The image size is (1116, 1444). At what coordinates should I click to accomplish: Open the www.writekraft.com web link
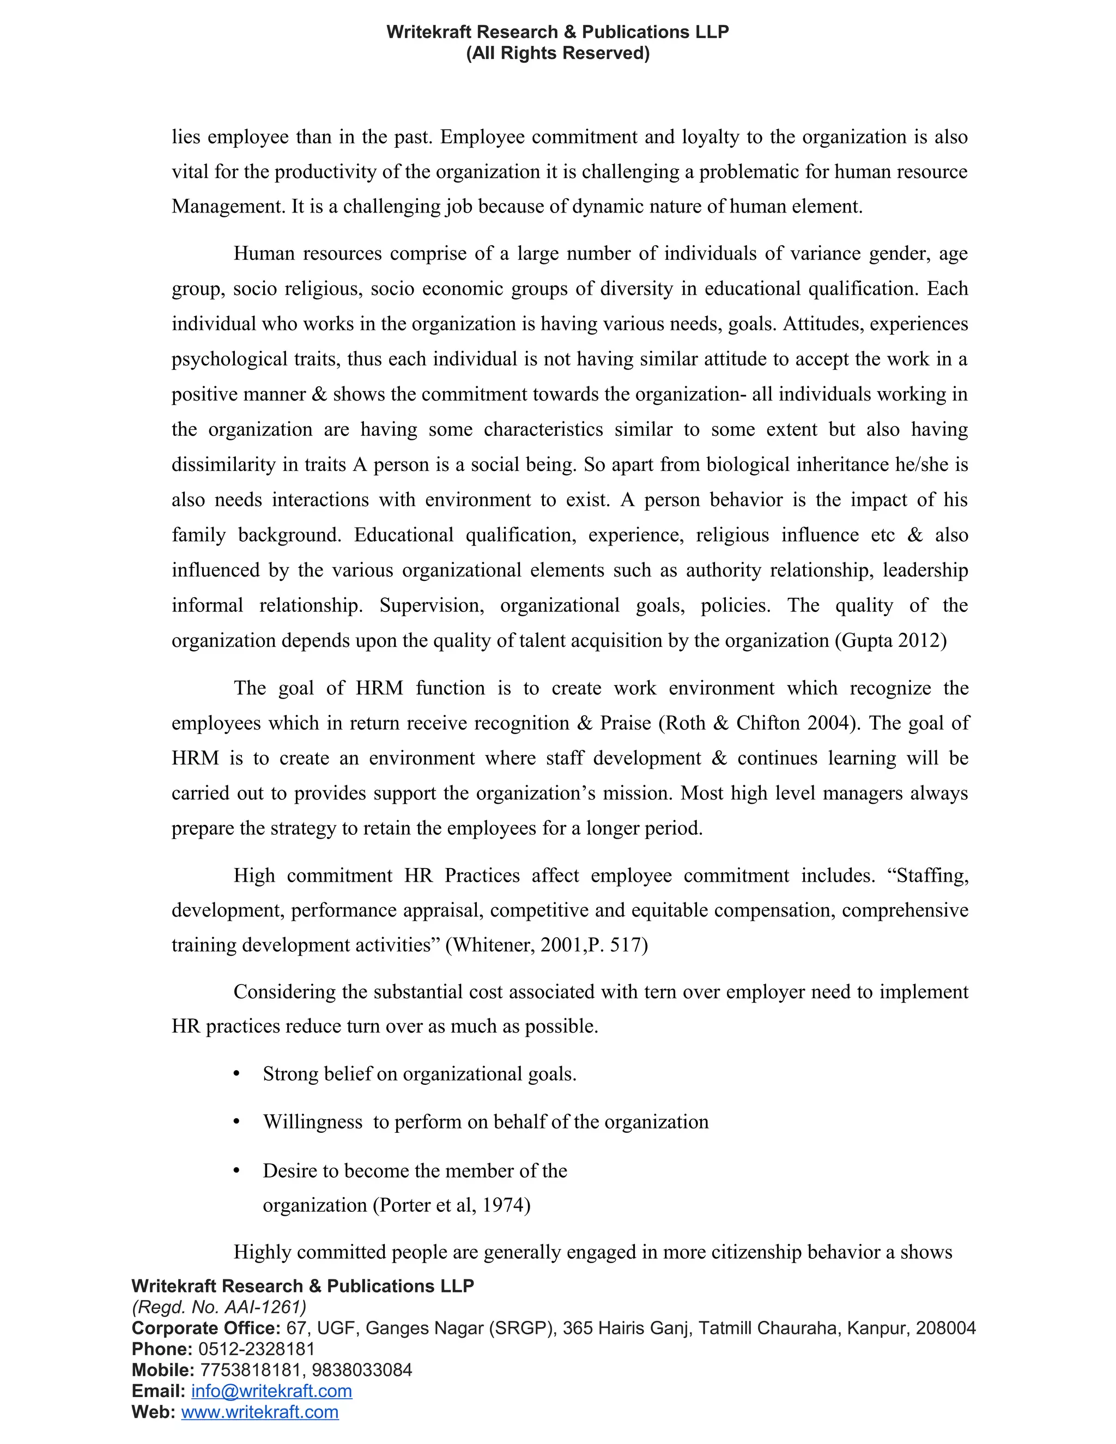[x=260, y=1412]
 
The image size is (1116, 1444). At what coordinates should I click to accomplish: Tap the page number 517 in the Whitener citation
[x=626, y=945]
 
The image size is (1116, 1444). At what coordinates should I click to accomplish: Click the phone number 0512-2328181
[x=257, y=1349]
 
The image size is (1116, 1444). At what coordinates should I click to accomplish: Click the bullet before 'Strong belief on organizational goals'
[x=236, y=1074]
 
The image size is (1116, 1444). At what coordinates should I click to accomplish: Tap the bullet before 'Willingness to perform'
[x=236, y=1122]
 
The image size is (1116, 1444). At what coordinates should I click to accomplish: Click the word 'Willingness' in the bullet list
[x=313, y=1122]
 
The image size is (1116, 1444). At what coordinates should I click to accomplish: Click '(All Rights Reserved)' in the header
[x=557, y=53]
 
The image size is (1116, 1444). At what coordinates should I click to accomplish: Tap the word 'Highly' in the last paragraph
[x=263, y=1252]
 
